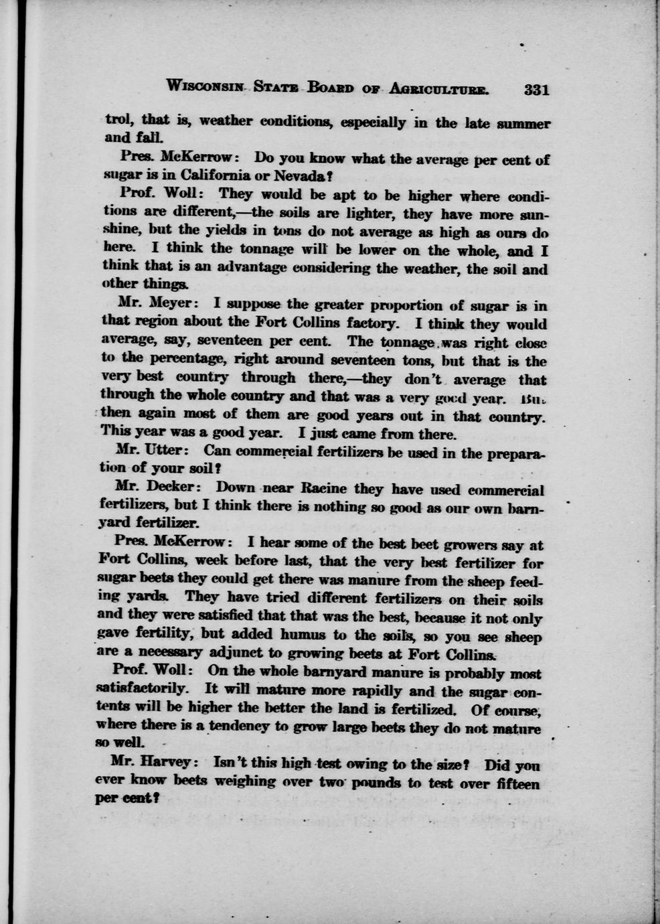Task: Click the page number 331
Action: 537,90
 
